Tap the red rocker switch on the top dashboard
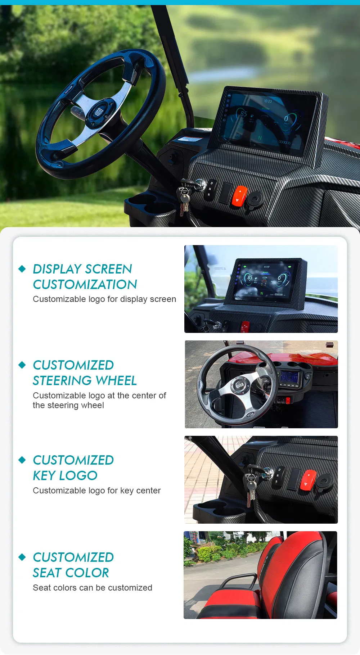(239, 196)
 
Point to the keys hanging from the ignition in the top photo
(184, 200)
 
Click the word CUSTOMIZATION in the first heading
(85, 284)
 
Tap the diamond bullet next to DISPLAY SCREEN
(22, 269)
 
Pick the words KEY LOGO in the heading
(65, 475)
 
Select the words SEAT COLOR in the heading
(71, 573)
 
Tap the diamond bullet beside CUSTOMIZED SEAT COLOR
(22, 557)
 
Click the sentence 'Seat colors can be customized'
(93, 588)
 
